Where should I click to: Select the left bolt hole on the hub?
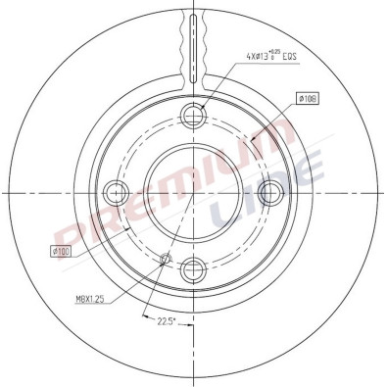(x=117, y=189)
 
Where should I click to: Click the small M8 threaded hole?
(x=165, y=260)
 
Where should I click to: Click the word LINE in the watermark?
(x=265, y=186)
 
